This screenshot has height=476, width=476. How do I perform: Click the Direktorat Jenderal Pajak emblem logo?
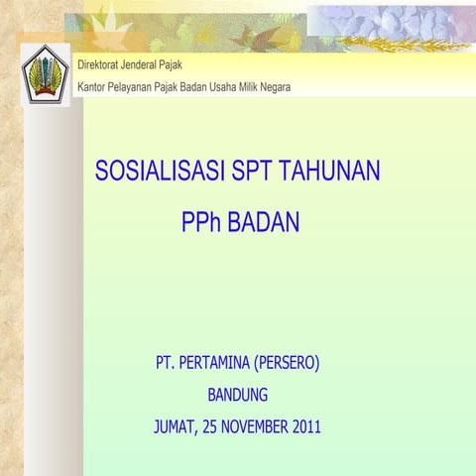pos(45,74)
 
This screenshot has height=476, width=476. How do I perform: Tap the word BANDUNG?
pos(238,395)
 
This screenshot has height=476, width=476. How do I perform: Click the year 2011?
pos(303,427)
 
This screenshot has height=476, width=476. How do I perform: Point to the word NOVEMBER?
pos(249,427)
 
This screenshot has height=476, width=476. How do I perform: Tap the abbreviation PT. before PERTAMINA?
pos(165,363)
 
